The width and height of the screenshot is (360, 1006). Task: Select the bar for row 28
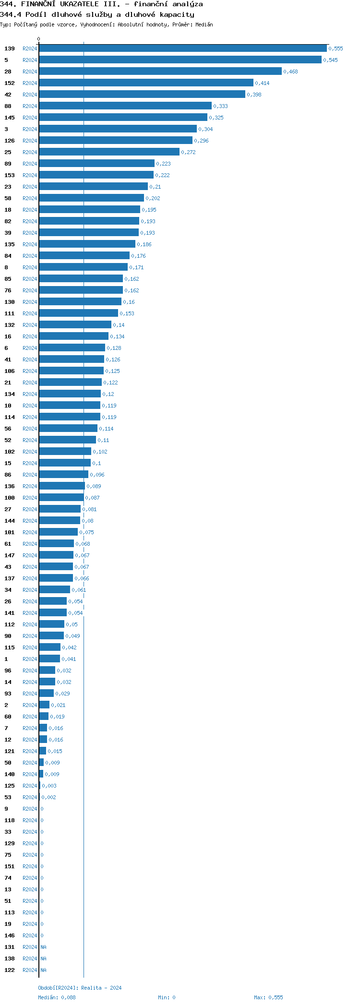point(160,72)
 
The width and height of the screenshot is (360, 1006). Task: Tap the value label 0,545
point(330,60)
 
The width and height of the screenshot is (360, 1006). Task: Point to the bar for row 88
point(125,106)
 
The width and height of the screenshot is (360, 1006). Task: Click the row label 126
point(10,141)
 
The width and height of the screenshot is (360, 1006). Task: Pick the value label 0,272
point(188,152)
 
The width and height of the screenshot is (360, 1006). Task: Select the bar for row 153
point(96,175)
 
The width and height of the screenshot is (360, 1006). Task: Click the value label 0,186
point(144,244)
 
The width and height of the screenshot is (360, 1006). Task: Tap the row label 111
point(10,313)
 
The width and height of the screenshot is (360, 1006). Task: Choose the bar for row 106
point(71,371)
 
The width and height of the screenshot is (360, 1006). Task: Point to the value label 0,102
point(100,452)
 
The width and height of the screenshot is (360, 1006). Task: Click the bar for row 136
point(62,486)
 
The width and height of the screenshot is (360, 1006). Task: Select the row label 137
point(10,578)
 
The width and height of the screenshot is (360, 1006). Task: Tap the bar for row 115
point(49,647)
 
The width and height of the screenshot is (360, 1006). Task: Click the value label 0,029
point(62,694)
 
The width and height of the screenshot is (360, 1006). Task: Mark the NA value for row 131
point(43,947)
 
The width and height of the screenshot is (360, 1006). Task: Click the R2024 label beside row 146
point(30,935)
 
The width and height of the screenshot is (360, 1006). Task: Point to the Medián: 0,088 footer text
point(57,997)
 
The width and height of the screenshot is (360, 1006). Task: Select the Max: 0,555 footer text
point(268,997)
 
